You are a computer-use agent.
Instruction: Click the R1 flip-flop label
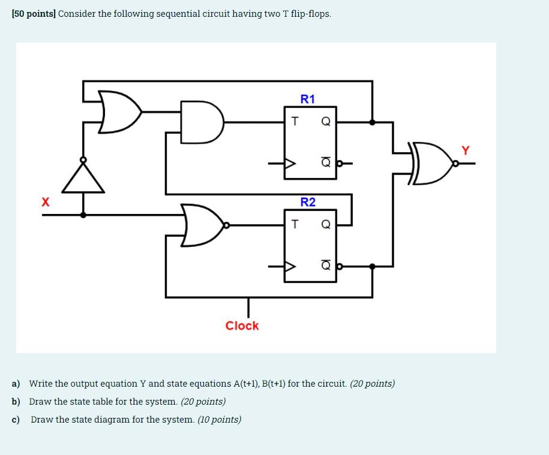pyautogui.click(x=307, y=99)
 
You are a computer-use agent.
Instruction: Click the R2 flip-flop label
pyautogui.click(x=307, y=202)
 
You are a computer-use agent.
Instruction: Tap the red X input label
pyautogui.click(x=45, y=202)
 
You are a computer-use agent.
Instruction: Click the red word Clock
pyautogui.click(x=242, y=326)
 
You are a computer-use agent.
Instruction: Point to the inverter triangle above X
pyautogui.click(x=83, y=178)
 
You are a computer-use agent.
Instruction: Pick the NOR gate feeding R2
pyautogui.click(x=202, y=225)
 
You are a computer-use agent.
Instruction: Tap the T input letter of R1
pyautogui.click(x=294, y=121)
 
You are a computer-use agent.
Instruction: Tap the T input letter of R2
pyautogui.click(x=294, y=224)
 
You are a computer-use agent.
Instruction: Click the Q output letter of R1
pyautogui.click(x=326, y=122)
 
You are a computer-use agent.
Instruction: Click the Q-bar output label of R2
pyautogui.click(x=326, y=266)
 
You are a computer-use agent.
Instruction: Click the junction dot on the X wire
pyautogui.click(x=83, y=214)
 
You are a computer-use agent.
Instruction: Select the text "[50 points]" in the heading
pyautogui.click(x=34, y=13)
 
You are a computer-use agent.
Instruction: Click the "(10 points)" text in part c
pyautogui.click(x=219, y=420)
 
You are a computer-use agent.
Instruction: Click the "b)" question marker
pyautogui.click(x=16, y=402)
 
